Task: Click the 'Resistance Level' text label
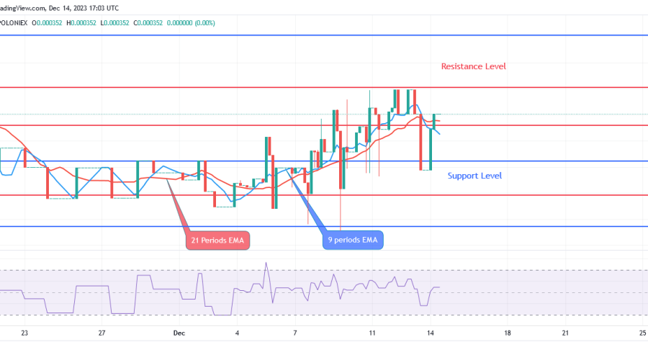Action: click(x=473, y=66)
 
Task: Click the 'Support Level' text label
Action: click(x=474, y=176)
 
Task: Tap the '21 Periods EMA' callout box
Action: click(x=218, y=240)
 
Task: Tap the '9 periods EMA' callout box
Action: click(x=353, y=240)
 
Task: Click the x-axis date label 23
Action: click(x=24, y=333)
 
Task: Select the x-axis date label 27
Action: click(x=102, y=333)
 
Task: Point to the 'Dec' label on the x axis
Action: click(x=178, y=333)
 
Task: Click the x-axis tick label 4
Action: click(x=237, y=333)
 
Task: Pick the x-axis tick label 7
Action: click(x=295, y=333)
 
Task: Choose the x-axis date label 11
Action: click(x=372, y=333)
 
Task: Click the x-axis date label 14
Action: click(x=430, y=333)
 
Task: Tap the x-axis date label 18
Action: click(x=508, y=333)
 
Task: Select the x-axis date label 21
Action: click(x=565, y=333)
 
